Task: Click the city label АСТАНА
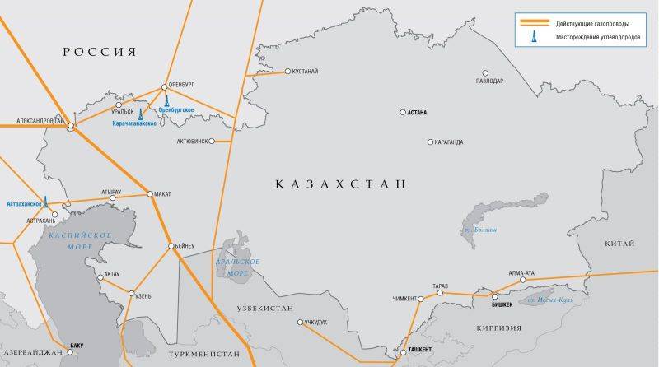point(423,113)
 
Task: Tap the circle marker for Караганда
point(430,142)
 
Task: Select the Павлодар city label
point(489,81)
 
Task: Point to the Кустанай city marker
point(287,72)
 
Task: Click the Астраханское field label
point(24,203)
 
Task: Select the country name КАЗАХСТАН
point(341,183)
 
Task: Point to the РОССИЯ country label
point(98,51)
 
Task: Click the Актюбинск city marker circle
point(212,141)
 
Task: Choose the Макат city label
point(163,194)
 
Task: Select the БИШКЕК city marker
point(495,295)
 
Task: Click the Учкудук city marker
point(300,322)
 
